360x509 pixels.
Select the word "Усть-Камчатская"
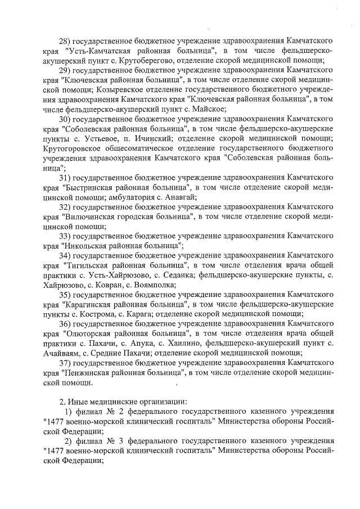coord(93,51)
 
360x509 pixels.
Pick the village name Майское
coord(209,109)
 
